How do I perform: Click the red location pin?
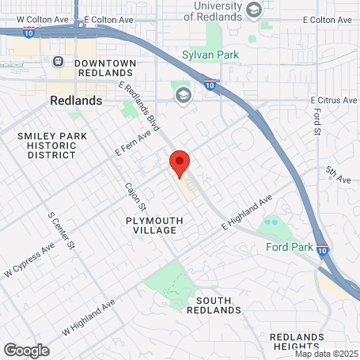(x=180, y=164)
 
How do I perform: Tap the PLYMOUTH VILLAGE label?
(x=155, y=225)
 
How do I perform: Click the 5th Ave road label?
(x=337, y=180)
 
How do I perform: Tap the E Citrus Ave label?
(x=334, y=100)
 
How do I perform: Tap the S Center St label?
(x=61, y=230)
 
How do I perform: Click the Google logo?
(x=26, y=350)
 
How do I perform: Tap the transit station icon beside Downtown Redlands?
(x=58, y=61)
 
